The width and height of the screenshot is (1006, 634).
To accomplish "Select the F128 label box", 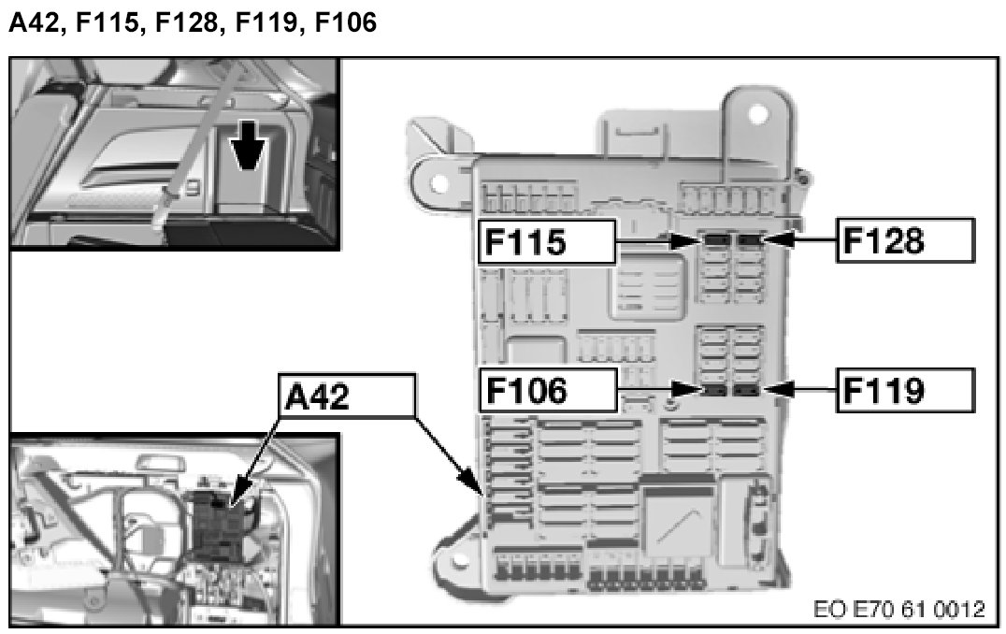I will click(904, 240).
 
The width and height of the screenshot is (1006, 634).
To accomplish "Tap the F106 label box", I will click(548, 390).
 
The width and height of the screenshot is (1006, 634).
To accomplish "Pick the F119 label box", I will click(904, 390).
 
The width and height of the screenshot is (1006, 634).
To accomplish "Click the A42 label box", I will click(345, 397).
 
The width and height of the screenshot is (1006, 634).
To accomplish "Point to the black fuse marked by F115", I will click(716, 241).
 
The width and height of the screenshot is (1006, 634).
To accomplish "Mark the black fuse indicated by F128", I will click(750, 241).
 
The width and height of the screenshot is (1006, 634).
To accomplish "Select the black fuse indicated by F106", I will click(716, 389).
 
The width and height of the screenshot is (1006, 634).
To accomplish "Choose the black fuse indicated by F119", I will click(747, 389).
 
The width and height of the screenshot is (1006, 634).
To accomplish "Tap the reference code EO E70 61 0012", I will click(900, 610).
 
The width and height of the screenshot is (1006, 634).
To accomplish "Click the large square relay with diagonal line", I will click(678, 515).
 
